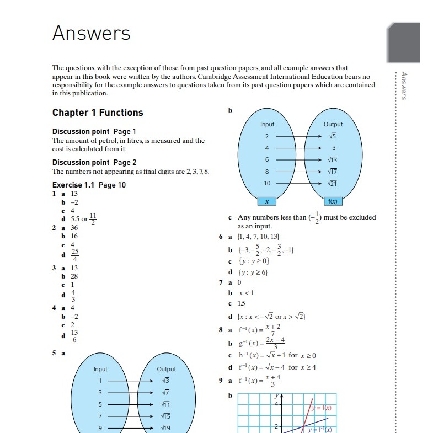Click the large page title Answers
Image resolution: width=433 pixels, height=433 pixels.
(91, 33)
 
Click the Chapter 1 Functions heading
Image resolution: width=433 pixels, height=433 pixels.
(98, 113)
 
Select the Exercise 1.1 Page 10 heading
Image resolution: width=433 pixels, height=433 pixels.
(89, 185)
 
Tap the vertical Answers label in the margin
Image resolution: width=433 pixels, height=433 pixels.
(404, 85)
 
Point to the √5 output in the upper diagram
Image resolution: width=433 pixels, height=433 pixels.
(333, 136)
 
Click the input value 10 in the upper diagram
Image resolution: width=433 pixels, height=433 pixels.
(267, 183)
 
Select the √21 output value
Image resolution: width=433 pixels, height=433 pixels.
(333, 183)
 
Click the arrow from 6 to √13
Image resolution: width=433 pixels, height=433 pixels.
(298, 160)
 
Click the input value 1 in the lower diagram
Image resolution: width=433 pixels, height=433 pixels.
(100, 381)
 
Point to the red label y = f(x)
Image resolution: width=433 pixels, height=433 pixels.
(320, 408)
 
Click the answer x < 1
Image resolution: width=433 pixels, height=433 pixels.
(245, 292)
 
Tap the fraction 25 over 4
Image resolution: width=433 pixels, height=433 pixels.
(74, 255)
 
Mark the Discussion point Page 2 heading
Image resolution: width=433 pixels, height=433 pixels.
(94, 162)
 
